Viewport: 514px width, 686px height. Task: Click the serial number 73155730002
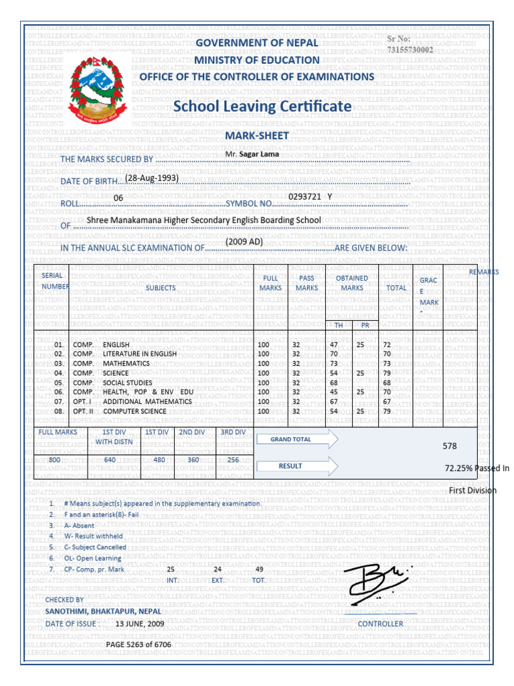pyautogui.click(x=410, y=50)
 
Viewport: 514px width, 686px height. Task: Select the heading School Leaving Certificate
pyautogui.click(x=262, y=107)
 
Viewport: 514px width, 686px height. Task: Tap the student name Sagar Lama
pyautogui.click(x=253, y=154)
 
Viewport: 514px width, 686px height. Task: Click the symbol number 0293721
pyautogui.click(x=305, y=196)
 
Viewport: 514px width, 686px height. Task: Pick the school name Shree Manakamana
pyautogui.click(x=204, y=220)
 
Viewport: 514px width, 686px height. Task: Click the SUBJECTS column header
pyautogui.click(x=161, y=288)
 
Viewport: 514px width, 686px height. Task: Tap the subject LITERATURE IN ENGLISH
pyautogui.click(x=140, y=354)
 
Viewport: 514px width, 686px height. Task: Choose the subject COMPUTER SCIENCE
pyautogui.click(x=135, y=411)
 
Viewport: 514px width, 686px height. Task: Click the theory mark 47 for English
pyautogui.click(x=334, y=344)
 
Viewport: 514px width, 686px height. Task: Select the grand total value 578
pyautogui.click(x=450, y=445)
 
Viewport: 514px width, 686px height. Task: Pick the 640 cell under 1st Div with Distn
pyautogui.click(x=110, y=461)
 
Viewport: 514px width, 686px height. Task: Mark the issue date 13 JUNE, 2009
pyautogui.click(x=140, y=624)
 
